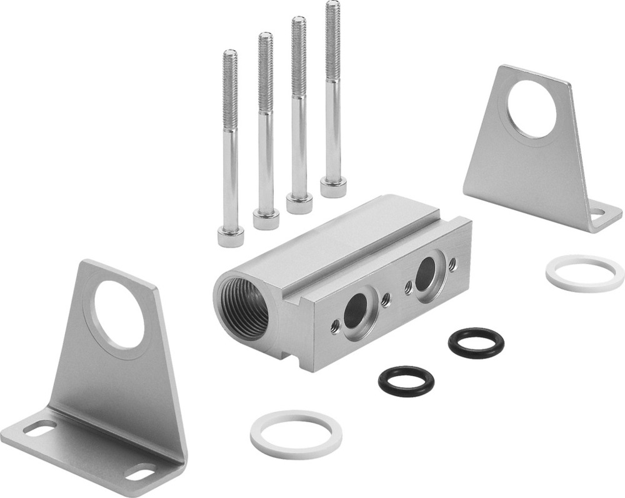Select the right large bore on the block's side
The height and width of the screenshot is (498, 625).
point(426,270)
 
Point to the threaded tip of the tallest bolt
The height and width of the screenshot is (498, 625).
point(332,13)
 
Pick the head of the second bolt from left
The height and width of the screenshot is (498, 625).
point(266,219)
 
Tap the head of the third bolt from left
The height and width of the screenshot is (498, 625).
point(299,203)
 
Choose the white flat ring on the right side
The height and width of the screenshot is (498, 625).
point(584,272)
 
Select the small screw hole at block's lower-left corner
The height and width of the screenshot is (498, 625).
point(336,324)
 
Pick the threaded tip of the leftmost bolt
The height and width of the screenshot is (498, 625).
point(230,63)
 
